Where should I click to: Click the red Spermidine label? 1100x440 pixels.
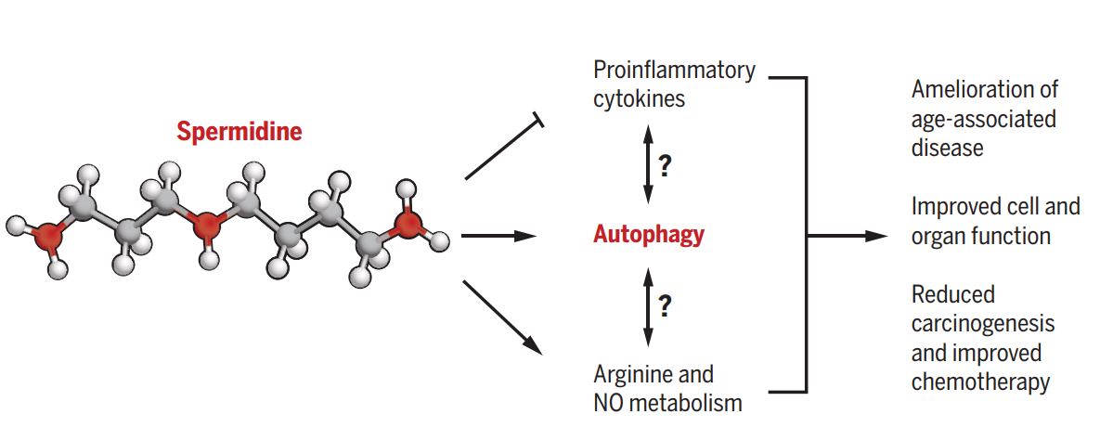(x=239, y=132)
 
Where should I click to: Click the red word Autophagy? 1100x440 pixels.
(x=648, y=235)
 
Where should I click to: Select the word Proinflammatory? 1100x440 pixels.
(x=674, y=71)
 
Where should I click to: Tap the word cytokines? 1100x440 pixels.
(x=639, y=98)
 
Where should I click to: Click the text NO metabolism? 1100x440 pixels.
(x=667, y=403)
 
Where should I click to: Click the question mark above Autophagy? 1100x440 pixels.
(x=665, y=167)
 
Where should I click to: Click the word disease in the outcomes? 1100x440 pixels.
(x=947, y=148)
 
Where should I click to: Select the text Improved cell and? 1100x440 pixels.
(x=995, y=206)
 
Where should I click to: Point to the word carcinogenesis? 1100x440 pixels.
(x=983, y=324)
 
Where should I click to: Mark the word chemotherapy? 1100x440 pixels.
(x=980, y=382)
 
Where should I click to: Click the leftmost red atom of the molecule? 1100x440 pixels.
(x=48, y=237)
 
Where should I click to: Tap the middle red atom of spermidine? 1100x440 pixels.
(x=205, y=224)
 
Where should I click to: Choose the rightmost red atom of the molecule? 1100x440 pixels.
(x=408, y=224)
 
